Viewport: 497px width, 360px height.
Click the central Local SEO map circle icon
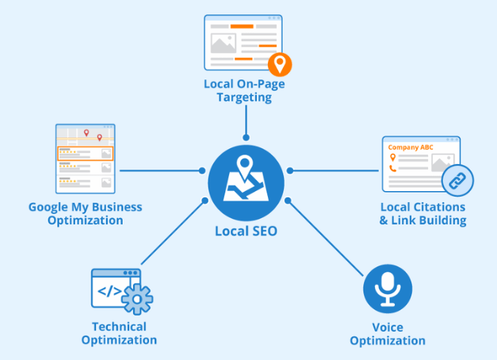[x=246, y=183]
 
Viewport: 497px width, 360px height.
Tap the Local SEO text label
[x=246, y=232]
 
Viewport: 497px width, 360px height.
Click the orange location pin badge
[x=280, y=65]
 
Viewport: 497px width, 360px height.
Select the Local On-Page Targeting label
[x=244, y=90]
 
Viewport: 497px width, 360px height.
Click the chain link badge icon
[x=457, y=181]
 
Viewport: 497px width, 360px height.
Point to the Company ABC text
[x=411, y=147]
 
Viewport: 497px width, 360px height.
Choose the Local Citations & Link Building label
[x=422, y=213]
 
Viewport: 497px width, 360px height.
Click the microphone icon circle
[x=388, y=289]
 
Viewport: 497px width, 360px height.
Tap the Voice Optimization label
[x=388, y=334]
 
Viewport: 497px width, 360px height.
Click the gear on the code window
[x=137, y=299]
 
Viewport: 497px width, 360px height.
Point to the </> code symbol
[x=109, y=291]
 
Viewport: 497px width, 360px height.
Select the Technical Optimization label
[x=119, y=333]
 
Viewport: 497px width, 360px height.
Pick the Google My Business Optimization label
[x=86, y=213]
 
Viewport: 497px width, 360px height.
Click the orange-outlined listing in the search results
[x=86, y=154]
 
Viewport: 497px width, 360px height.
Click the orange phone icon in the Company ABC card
[x=393, y=168]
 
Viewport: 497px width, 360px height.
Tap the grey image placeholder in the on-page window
[x=224, y=43]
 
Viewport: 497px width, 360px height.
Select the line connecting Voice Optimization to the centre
[x=326, y=239]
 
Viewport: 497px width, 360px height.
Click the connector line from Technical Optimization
[x=173, y=232]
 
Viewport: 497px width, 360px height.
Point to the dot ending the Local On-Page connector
[x=246, y=138]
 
